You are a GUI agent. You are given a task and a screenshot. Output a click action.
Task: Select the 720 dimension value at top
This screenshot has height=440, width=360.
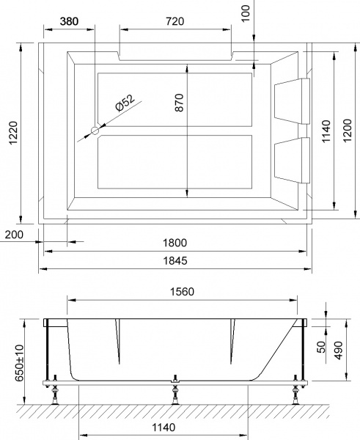pyautogui.click(x=174, y=21)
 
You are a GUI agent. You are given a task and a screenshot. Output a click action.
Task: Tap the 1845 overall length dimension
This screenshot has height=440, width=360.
pyautogui.click(x=174, y=261)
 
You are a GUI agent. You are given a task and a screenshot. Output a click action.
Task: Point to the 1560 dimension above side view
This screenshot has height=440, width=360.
pyautogui.click(x=181, y=291)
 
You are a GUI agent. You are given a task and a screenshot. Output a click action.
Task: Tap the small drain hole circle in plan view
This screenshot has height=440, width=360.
pyautogui.click(x=95, y=131)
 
